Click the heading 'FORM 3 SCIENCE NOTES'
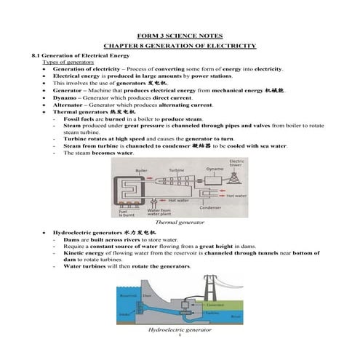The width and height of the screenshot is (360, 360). (180, 36)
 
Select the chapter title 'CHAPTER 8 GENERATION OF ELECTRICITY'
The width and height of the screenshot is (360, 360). (180, 46)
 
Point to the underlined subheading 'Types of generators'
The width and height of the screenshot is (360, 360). (66, 63)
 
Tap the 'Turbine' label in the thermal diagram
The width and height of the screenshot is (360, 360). (177, 169)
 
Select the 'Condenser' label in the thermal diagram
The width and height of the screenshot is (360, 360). (210, 207)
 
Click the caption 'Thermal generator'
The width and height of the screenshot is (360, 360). (180, 222)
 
